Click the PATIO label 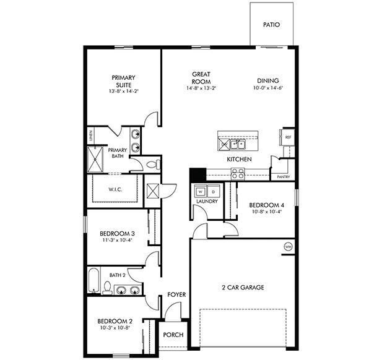coord(271,25)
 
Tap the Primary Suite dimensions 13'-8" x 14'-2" coord(123,92)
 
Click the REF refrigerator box coord(288,137)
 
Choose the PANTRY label coord(284,177)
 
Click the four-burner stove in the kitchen coord(238,174)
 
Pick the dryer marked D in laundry coord(212,191)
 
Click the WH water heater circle coord(288,246)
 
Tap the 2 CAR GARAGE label coord(243,288)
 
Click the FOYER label coord(177,295)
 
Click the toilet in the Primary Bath coord(154,165)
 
